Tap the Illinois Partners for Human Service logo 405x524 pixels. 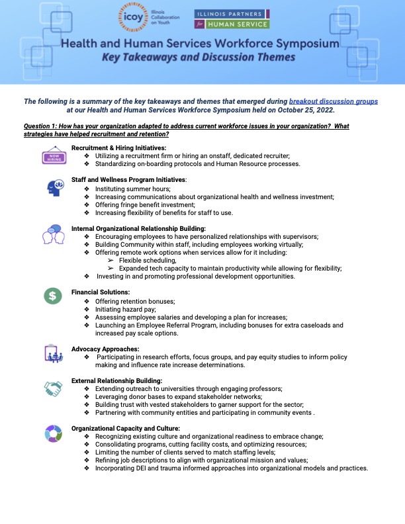[x=232, y=19]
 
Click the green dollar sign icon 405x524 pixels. [x=53, y=296]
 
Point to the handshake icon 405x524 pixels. [x=53, y=389]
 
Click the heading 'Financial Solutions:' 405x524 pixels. [x=101, y=292]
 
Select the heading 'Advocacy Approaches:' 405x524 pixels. [x=105, y=348]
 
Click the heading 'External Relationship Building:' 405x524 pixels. [x=116, y=380]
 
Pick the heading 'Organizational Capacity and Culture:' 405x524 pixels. [x=126, y=428]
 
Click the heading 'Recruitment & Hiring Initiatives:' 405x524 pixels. [x=119, y=147]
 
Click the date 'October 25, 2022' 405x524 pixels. [x=304, y=110]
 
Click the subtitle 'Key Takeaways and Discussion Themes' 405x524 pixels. [x=202, y=58]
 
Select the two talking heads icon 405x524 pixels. [x=53, y=236]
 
